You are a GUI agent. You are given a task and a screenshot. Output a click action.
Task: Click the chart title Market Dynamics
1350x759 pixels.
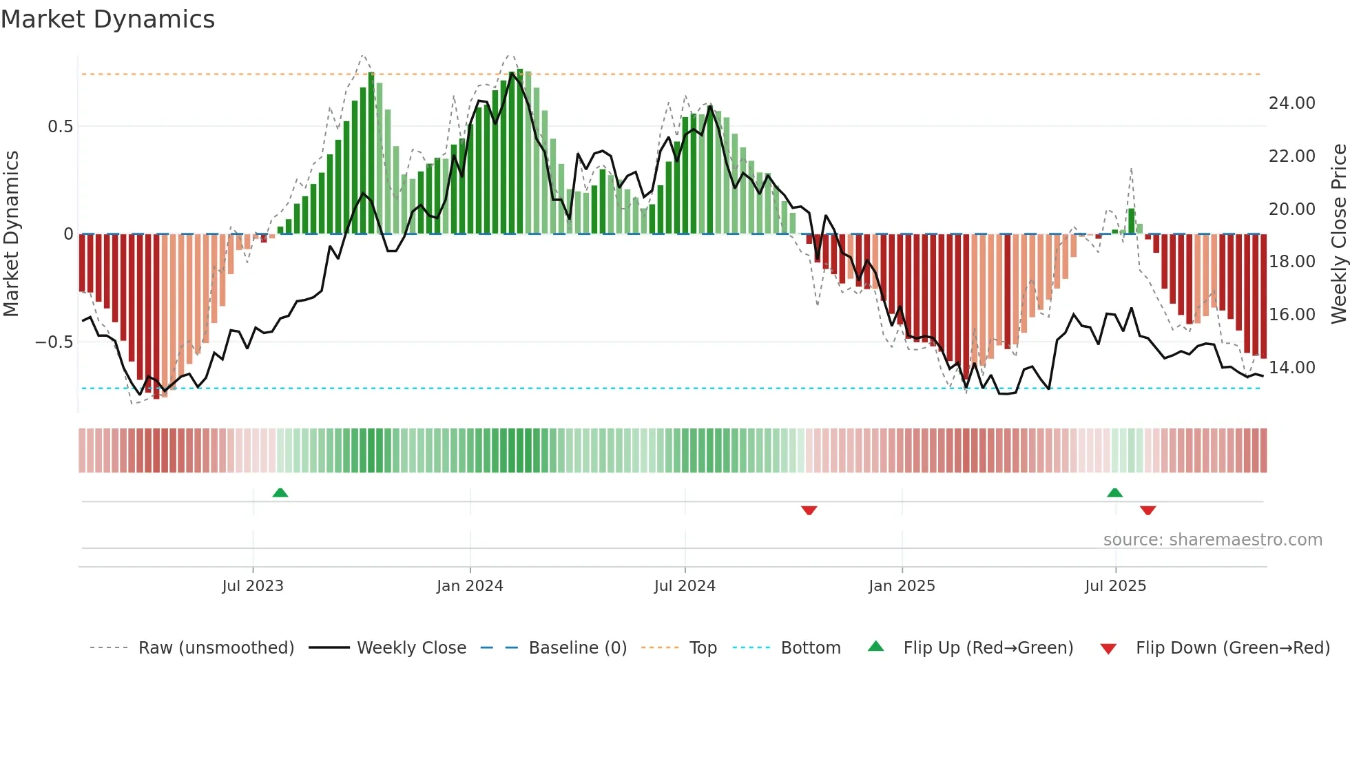tap(107, 19)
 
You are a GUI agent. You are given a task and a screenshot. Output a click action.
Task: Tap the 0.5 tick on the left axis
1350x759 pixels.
tap(60, 127)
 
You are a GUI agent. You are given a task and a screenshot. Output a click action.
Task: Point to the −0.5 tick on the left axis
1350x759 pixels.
tap(54, 342)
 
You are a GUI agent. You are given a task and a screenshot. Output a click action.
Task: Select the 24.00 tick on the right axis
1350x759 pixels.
tap(1291, 103)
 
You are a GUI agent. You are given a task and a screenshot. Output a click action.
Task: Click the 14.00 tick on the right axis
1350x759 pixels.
tap(1291, 368)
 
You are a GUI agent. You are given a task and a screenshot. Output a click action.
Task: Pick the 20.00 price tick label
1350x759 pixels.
tap(1291, 209)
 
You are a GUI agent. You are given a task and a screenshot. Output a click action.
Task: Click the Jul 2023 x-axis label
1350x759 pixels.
tap(253, 586)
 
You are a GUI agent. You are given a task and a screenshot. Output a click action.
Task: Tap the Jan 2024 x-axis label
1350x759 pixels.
tap(470, 586)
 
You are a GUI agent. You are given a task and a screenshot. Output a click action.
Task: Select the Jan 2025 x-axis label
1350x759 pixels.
tap(902, 586)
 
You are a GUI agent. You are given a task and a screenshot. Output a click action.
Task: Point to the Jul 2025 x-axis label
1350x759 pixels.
tap(1115, 586)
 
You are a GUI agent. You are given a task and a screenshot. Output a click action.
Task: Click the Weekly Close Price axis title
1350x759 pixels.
tap(1338, 233)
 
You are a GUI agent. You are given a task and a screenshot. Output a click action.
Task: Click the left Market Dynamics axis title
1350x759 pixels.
tap(11, 233)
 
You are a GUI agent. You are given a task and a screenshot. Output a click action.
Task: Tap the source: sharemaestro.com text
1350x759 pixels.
tap(1212, 540)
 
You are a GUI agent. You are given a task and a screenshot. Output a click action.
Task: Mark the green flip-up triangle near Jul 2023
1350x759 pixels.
tap(280, 492)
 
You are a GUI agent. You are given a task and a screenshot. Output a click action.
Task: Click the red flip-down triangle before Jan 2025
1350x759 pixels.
tap(809, 510)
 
